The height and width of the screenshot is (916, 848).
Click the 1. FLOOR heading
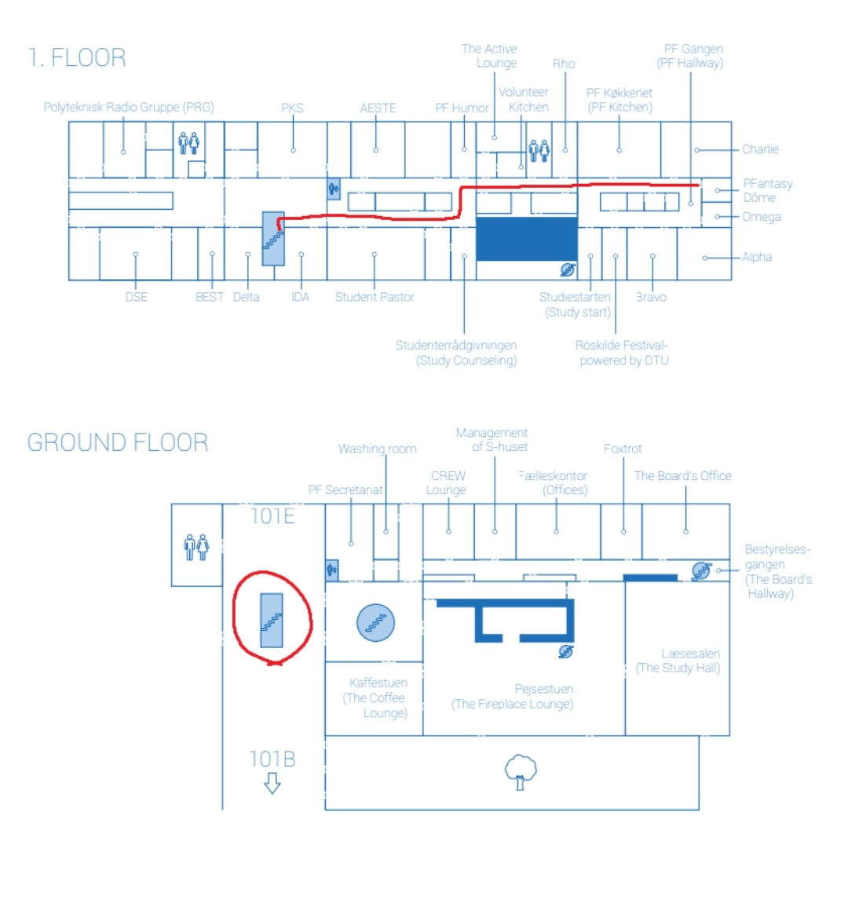point(77,58)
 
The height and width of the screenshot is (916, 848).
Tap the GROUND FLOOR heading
point(118,442)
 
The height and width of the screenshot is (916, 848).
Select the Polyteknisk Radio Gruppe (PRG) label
point(129,108)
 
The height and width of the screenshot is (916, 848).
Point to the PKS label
point(292,108)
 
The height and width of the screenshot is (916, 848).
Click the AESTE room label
point(378,108)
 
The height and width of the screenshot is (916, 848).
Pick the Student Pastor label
point(375,297)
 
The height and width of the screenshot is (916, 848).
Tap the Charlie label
point(760,149)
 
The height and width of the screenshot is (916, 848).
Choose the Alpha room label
point(757,257)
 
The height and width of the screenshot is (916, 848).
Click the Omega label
point(762,217)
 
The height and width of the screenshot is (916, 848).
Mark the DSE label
point(136,297)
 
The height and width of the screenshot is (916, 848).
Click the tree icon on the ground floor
point(521,771)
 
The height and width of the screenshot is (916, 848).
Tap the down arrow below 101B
point(272,782)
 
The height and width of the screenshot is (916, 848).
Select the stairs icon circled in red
point(272,621)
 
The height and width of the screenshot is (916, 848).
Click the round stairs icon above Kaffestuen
point(375,623)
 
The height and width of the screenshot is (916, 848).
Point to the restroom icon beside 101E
point(196,547)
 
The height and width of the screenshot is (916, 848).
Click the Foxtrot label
point(623,449)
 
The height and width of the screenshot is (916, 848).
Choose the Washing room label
point(377,449)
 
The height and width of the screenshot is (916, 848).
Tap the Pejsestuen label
point(543,689)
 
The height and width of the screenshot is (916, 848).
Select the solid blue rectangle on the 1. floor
point(527,239)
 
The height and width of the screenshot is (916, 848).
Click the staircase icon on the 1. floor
point(272,238)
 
